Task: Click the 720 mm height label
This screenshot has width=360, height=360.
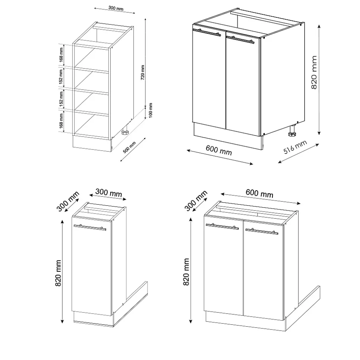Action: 143,73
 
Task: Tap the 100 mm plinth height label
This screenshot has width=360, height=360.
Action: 150,110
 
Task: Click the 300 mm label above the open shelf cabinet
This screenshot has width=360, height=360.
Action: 115,8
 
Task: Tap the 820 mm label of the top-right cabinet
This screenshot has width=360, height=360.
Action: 314,72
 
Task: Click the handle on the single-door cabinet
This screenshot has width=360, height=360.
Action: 90,227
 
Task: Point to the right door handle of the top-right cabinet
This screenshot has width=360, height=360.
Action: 240,39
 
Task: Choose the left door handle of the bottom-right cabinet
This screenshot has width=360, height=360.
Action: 222,226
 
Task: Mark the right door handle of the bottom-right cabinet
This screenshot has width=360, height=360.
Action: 261,231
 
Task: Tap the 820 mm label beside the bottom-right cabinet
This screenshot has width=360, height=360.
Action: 187,272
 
